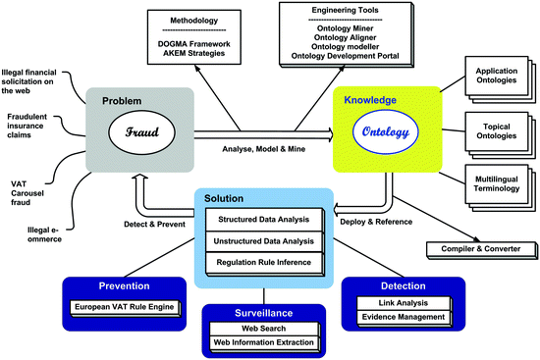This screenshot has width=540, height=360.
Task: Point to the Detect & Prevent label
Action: point(137,223)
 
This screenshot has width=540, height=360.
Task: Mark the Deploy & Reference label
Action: point(375,223)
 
